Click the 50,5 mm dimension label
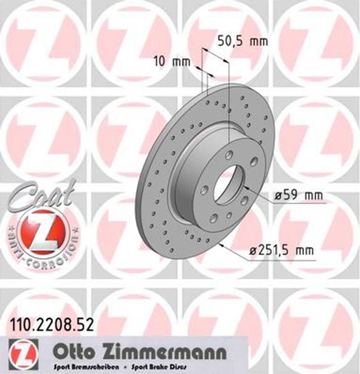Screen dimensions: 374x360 point(243,41)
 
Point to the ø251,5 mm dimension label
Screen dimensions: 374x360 point(281,251)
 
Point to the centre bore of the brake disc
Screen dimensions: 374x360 point(229,183)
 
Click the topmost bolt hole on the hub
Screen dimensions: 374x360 point(229,155)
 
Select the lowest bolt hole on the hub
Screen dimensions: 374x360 point(214,217)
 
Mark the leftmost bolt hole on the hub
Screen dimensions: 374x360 point(204,190)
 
